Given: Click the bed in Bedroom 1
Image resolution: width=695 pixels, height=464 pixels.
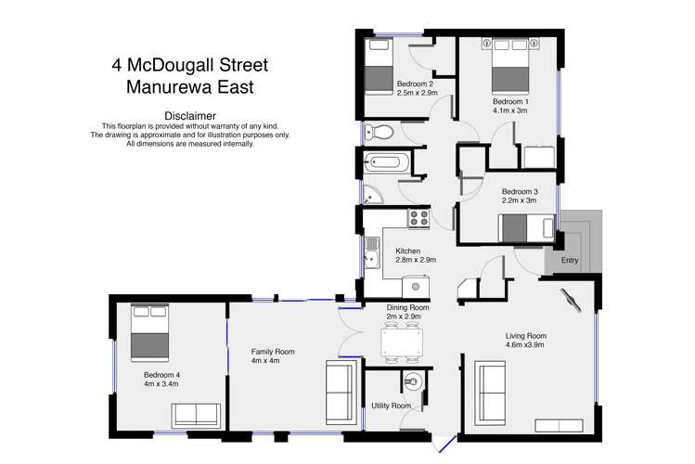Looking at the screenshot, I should (510, 64).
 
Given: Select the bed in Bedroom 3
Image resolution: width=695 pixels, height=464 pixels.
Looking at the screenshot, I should (527, 226).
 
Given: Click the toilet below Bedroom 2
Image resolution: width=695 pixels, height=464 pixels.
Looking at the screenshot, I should (378, 131).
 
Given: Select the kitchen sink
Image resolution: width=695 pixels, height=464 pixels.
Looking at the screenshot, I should (371, 253).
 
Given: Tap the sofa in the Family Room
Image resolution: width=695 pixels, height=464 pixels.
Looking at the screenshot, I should (338, 393).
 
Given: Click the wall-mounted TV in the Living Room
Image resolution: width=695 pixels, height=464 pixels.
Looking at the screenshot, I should (569, 301).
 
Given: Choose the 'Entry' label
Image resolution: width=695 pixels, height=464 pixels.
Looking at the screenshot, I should (569, 261).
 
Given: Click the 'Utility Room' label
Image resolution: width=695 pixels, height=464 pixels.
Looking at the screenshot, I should (391, 406).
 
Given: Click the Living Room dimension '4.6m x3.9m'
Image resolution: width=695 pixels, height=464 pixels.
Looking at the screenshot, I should (525, 345).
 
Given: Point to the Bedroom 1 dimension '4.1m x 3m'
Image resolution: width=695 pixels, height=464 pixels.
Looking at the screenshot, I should (509, 110).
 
